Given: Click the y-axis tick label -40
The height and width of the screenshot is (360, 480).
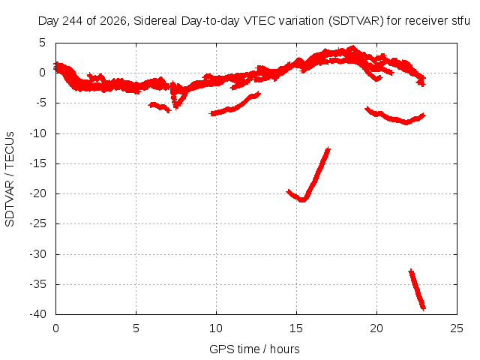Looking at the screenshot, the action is [x=37, y=313].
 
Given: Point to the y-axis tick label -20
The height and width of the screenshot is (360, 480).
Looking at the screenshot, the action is [x=37, y=193].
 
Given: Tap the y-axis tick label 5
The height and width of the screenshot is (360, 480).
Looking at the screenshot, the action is [x=42, y=43].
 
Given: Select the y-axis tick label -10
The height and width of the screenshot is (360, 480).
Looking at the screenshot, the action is [x=37, y=133].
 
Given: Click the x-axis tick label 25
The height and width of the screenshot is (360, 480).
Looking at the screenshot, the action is [x=457, y=328].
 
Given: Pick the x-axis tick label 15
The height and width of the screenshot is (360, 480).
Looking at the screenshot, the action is [x=296, y=328].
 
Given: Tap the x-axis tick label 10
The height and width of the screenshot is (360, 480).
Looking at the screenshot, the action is [x=216, y=328].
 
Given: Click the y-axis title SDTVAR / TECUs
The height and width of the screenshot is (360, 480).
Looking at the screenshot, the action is [x=10, y=179].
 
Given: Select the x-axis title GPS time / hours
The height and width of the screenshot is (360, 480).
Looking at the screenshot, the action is [x=254, y=349].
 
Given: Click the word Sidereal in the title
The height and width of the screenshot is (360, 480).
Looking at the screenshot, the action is [x=155, y=21].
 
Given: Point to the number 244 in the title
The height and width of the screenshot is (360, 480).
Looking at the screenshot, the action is [x=72, y=21].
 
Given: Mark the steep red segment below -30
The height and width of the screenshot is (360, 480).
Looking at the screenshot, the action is [x=417, y=289].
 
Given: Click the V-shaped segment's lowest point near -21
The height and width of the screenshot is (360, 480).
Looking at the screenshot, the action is [x=302, y=200].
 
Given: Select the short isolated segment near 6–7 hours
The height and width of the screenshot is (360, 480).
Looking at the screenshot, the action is [x=159, y=107].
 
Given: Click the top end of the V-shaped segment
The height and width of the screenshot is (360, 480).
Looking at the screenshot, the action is [x=328, y=148].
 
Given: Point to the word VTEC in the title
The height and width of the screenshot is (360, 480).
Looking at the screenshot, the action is [x=256, y=21].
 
